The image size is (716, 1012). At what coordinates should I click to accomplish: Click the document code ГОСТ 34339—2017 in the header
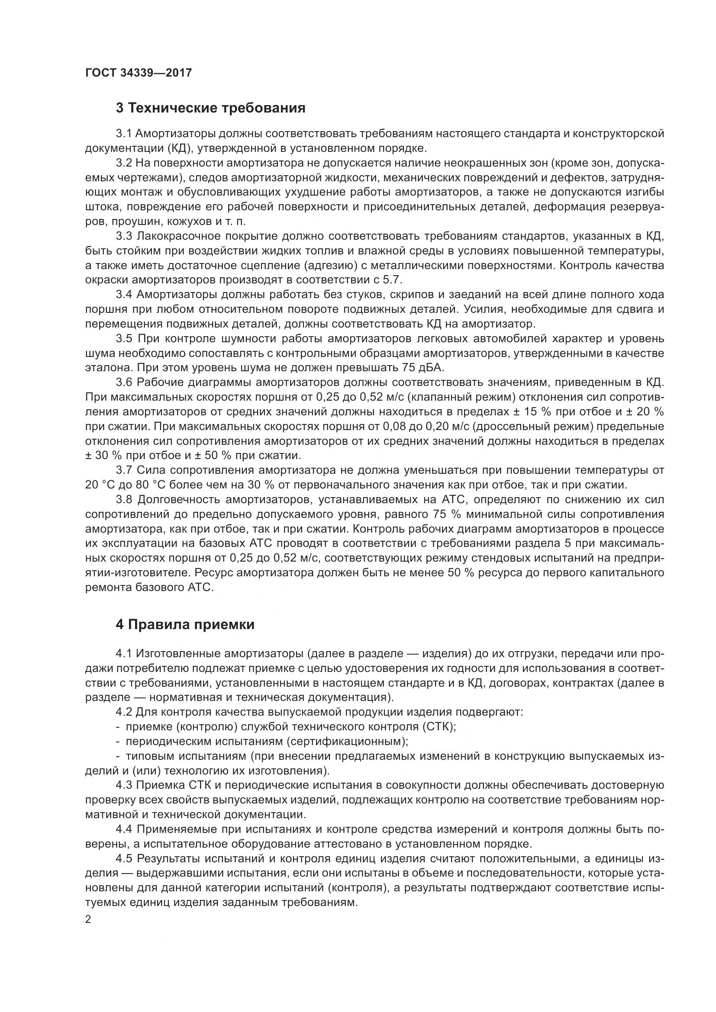click(x=139, y=73)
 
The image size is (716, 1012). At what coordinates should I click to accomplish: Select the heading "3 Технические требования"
click(x=210, y=108)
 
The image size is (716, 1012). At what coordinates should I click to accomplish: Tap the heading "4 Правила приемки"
click(x=185, y=625)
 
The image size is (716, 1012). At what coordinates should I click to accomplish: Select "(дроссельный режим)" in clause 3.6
click(x=532, y=426)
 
